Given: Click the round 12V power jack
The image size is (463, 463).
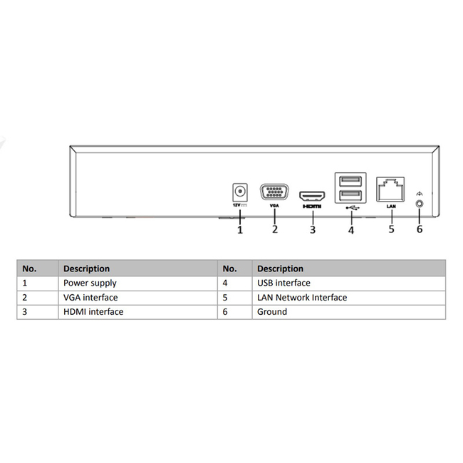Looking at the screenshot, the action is point(240,192).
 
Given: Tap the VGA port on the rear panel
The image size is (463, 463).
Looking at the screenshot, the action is point(274,192).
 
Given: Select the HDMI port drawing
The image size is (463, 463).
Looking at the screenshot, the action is point(313,196).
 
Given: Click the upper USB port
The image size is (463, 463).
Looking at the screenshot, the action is point(350,181).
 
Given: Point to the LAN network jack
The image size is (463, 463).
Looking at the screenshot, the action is point(390,189).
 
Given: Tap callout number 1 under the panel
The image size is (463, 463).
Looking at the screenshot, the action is point(240,229).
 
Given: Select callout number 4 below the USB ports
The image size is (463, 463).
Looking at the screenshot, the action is point(350,230).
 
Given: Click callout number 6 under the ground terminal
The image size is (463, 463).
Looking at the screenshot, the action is point(420,229).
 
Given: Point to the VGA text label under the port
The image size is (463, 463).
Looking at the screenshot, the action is point(274,206).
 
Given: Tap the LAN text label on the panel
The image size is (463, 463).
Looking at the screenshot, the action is point(391,206).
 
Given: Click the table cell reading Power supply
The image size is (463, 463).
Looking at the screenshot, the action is point(90,283).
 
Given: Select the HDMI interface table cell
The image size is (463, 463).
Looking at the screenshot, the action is point(93,311).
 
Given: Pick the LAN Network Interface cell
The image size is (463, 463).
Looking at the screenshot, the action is point(302,297).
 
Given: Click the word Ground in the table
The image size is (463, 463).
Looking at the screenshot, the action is point(272,311).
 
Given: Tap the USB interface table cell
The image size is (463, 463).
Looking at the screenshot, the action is point(283,283).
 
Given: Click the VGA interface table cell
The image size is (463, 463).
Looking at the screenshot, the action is point(90,297).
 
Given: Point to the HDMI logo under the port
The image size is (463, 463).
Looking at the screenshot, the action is point(312,207).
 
